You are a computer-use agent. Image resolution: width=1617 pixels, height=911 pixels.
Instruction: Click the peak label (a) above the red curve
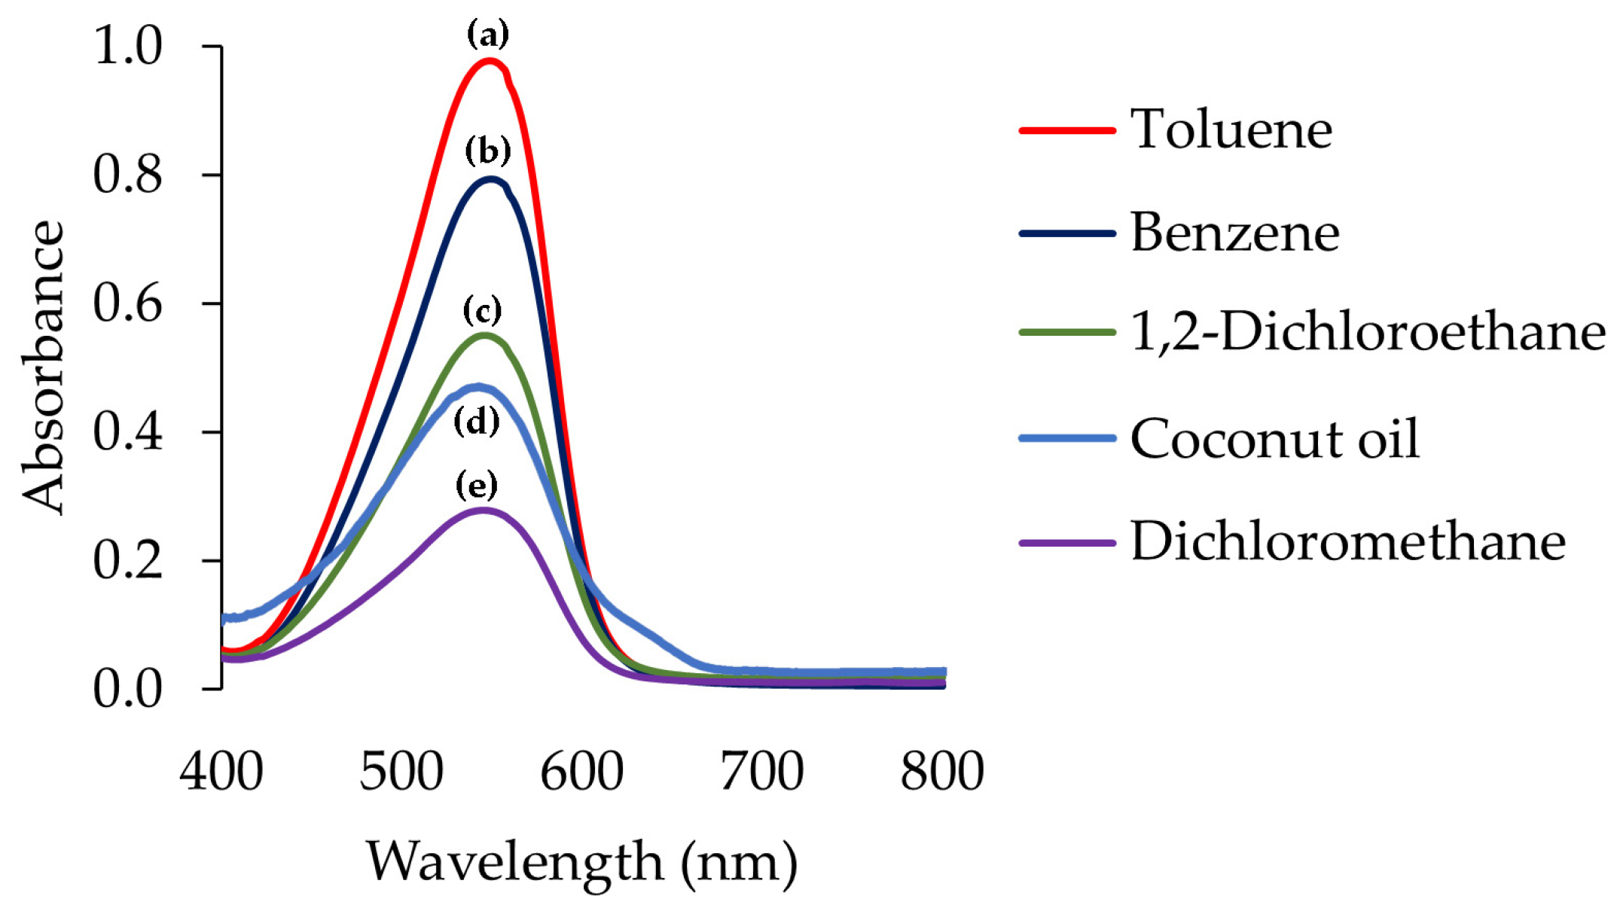tap(487, 35)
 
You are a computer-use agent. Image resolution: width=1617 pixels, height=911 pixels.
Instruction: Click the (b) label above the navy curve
tap(487, 151)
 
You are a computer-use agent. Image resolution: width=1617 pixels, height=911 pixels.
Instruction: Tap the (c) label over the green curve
tap(482, 310)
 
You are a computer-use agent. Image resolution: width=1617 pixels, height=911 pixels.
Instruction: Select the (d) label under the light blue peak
tap(477, 422)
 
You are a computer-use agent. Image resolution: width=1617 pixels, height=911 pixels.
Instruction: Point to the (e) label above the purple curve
tap(477, 486)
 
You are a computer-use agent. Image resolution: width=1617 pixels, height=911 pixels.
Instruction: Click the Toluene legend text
tap(1231, 129)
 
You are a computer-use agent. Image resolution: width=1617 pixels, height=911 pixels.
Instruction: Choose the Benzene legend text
tap(1234, 233)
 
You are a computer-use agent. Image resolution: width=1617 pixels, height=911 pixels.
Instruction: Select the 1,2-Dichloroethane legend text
tap(1368, 332)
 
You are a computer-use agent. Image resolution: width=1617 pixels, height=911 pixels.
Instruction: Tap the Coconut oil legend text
tap(1274, 438)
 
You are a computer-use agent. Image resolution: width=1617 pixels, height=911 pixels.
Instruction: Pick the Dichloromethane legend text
tap(1347, 541)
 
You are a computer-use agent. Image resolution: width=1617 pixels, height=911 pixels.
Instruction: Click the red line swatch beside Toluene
tap(1066, 130)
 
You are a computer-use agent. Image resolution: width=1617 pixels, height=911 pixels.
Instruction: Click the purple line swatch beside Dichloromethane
tap(1066, 542)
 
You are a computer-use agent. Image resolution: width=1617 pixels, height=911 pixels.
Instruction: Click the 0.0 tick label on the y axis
tap(127, 689)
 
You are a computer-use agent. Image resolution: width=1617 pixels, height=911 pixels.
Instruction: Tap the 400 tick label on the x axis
tap(221, 771)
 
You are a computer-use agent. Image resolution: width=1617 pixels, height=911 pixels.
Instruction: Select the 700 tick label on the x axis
tap(761, 771)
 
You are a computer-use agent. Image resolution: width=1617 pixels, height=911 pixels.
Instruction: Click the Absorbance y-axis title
tap(42, 367)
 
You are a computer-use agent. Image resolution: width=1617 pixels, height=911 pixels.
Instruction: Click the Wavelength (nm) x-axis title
tap(581, 862)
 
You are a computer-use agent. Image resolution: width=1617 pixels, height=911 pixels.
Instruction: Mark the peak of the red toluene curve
tap(490, 61)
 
